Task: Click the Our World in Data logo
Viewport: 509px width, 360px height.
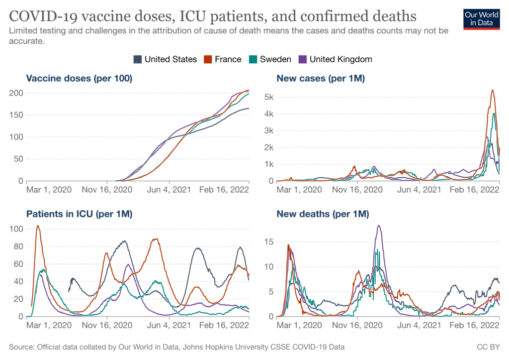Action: [x=481, y=18]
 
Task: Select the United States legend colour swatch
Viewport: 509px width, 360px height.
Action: [x=138, y=59]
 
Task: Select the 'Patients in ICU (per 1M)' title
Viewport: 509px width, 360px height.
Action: [x=79, y=214]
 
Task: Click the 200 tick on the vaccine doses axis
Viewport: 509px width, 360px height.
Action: [x=15, y=93]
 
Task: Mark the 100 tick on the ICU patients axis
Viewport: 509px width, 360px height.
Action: [x=15, y=229]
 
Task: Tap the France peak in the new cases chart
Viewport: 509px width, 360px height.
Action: [x=492, y=90]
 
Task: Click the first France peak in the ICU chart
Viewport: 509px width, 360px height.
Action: [x=38, y=226]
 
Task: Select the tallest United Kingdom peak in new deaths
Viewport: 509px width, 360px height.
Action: [x=379, y=226]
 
